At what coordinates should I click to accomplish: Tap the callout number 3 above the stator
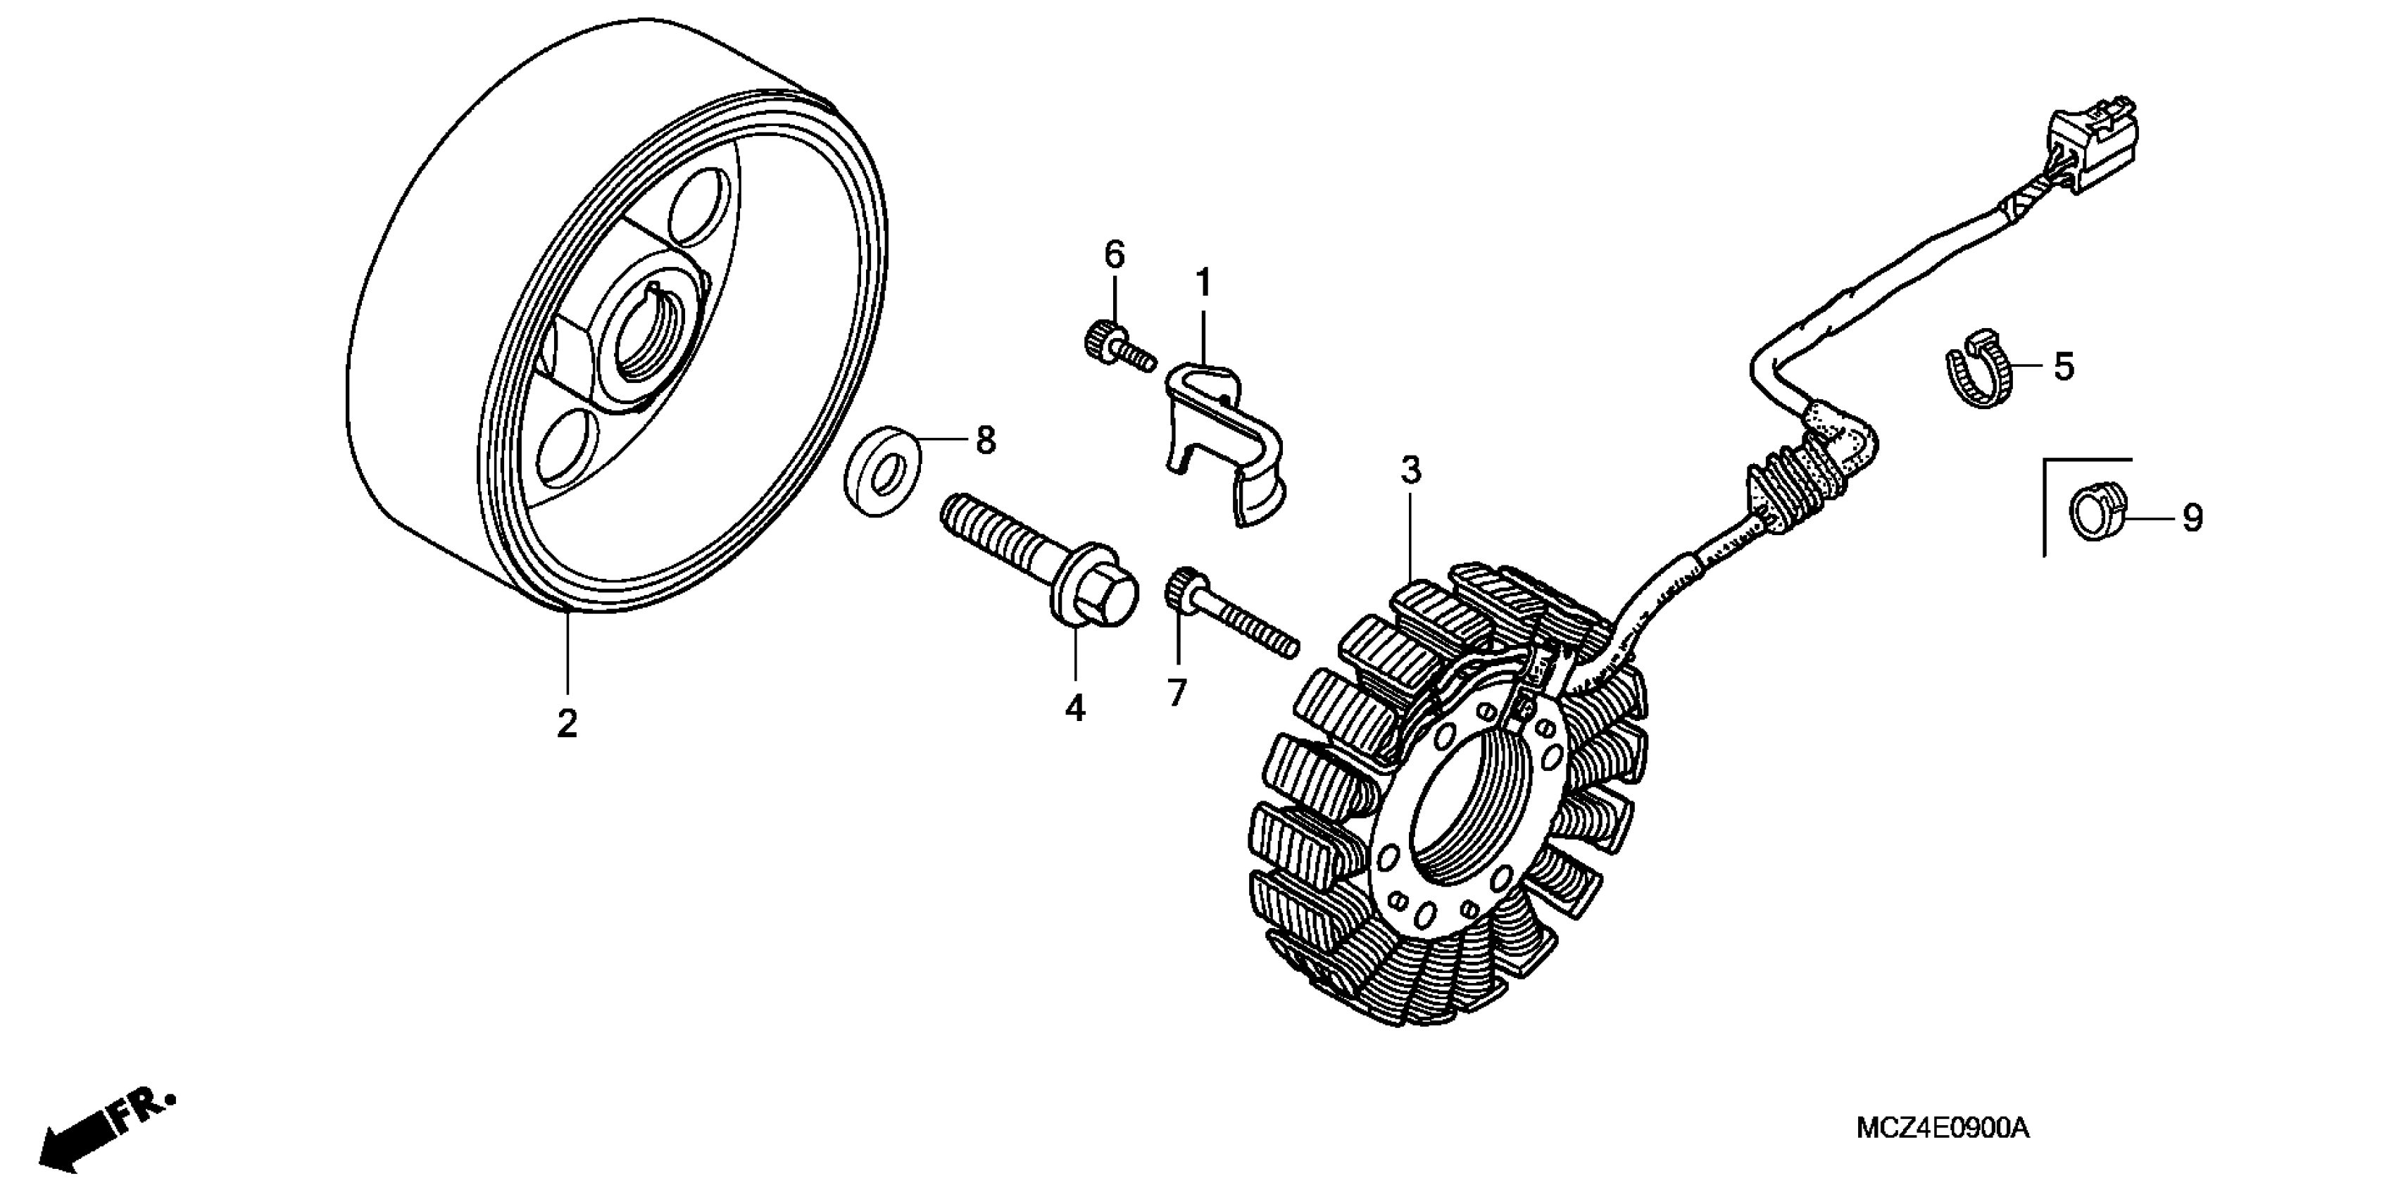pos(1411,472)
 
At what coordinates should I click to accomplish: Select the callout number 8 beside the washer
pos(986,440)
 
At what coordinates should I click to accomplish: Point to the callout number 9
pos(2193,518)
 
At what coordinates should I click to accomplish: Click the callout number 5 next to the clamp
pos(2064,368)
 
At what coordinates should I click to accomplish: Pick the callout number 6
pos(1115,254)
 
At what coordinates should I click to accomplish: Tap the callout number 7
pos(1177,693)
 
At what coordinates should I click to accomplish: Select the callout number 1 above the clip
pos(1203,281)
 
